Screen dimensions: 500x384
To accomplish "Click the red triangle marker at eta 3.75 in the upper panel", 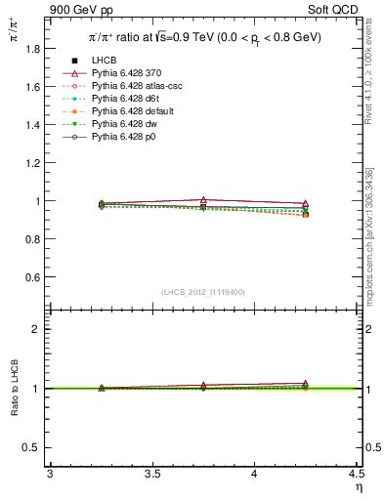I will [203, 199].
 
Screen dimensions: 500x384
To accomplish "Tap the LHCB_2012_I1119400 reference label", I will [203, 292].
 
